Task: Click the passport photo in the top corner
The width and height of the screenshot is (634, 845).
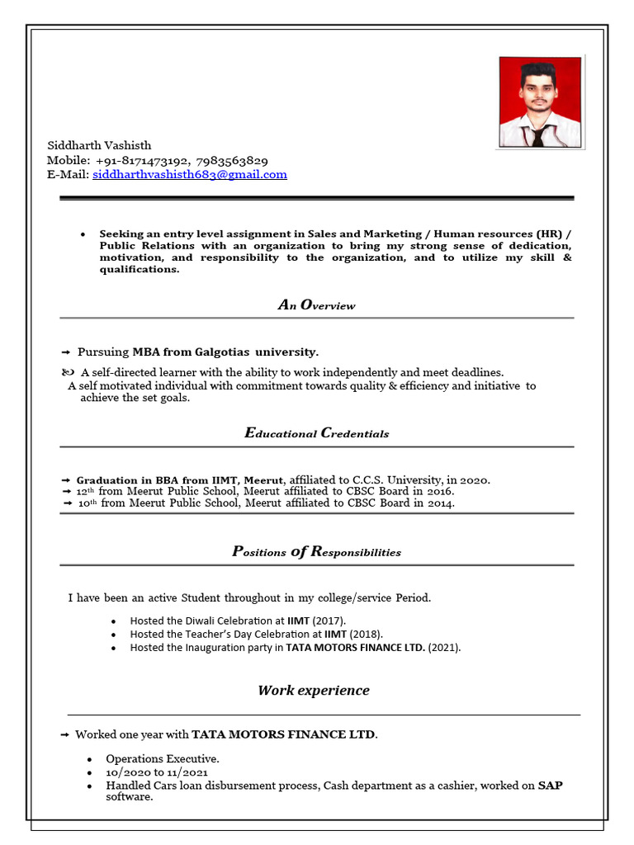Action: point(541,102)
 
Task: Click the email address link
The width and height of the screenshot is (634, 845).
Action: point(190,175)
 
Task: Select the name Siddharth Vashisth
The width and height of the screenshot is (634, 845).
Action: point(99,145)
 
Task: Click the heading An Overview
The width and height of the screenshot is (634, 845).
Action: point(316,305)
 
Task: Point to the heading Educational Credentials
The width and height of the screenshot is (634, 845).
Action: point(316,433)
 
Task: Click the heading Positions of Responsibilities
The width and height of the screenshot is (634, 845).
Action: point(316,552)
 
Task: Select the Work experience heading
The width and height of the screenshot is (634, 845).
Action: point(314,691)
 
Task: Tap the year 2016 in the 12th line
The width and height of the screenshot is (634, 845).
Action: point(438,491)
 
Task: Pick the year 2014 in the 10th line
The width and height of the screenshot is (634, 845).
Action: point(439,503)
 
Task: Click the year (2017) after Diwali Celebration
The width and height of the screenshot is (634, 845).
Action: point(330,621)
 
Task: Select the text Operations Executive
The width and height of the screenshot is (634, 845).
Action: point(162,758)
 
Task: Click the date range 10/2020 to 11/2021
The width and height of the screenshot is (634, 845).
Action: point(157,772)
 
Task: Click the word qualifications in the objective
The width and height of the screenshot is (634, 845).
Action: point(139,270)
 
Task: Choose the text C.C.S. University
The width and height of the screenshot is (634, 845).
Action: point(400,479)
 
